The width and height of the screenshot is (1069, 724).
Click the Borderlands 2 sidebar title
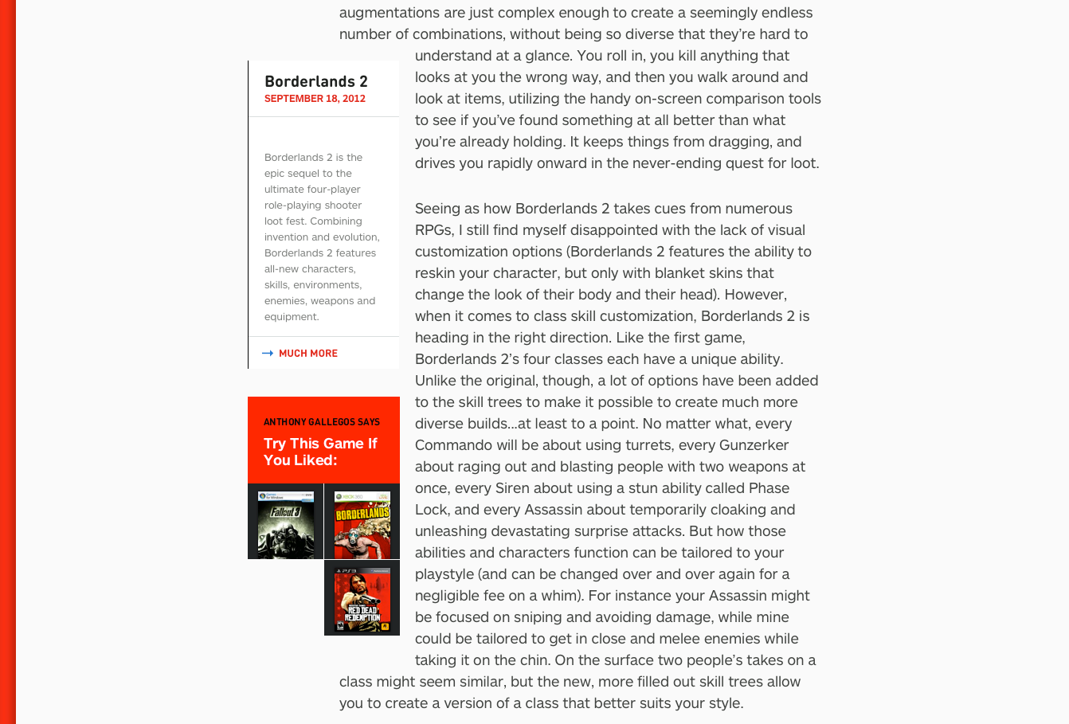pos(315,81)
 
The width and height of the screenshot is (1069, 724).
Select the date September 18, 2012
pos(315,99)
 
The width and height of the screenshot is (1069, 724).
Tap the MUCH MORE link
pos(307,354)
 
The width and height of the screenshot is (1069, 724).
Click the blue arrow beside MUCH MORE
pos(268,354)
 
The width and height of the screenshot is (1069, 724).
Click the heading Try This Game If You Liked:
pos(320,452)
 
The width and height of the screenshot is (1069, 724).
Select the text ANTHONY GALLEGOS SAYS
pos(322,422)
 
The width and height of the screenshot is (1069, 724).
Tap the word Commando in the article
pos(453,445)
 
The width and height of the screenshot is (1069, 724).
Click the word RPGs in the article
pos(433,230)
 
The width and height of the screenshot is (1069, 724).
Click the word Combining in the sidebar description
pos(335,221)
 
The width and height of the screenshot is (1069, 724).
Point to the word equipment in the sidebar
pos(291,317)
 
